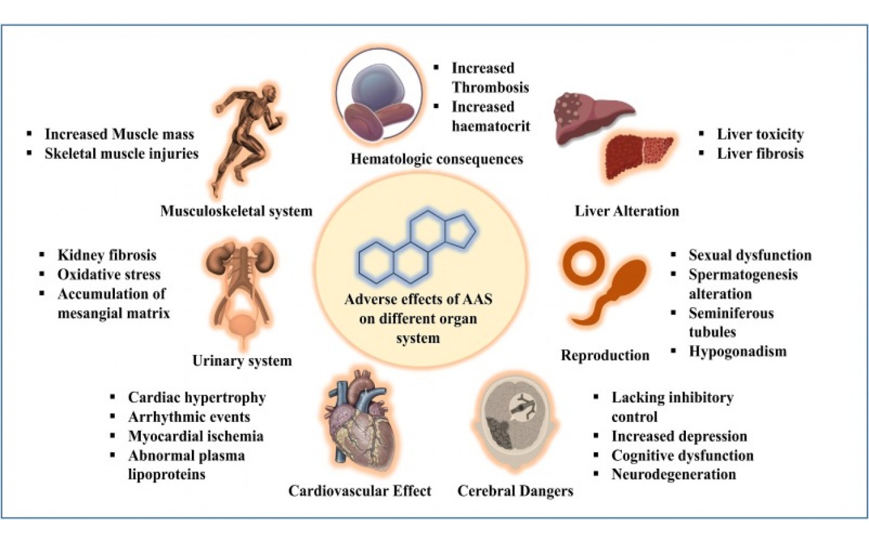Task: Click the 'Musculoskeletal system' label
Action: [236, 211]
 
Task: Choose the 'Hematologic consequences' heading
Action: [437, 159]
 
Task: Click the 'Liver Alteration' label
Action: [627, 211]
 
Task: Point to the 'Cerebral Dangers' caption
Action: [515, 491]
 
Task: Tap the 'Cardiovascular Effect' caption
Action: [359, 491]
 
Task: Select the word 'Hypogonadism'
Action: [738, 351]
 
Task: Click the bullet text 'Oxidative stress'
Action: [109, 274]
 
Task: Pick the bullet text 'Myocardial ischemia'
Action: [196, 436]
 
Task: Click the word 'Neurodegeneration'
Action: [674, 474]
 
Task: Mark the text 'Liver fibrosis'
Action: [760, 154]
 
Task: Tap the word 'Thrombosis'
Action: [490, 88]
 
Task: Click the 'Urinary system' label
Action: [242, 361]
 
